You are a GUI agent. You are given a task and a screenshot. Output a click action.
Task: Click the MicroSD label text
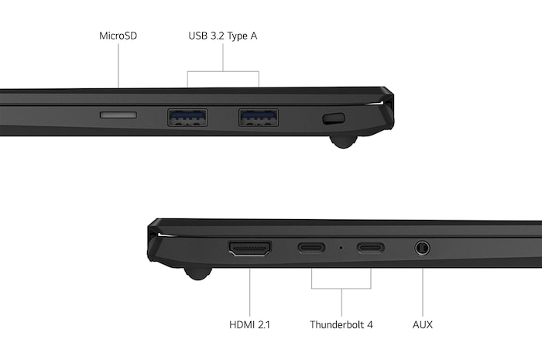(118, 36)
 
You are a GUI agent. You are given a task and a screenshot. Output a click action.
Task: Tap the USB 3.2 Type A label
(223, 36)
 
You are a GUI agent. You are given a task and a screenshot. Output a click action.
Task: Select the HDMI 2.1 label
(250, 324)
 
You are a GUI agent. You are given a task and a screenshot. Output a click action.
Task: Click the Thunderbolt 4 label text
(341, 324)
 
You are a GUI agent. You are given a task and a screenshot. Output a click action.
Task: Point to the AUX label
(423, 324)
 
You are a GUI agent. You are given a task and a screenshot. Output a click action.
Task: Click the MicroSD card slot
(118, 115)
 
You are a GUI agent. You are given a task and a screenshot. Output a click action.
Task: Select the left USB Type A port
(187, 117)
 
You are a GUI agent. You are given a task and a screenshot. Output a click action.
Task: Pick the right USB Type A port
(258, 117)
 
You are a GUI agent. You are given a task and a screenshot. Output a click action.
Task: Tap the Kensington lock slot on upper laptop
(333, 118)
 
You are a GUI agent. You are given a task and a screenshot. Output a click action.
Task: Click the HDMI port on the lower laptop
(249, 249)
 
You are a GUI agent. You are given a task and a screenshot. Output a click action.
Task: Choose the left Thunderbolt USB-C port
(312, 249)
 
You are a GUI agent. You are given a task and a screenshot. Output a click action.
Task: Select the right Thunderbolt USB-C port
(371, 249)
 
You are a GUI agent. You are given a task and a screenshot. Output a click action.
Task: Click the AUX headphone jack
(423, 249)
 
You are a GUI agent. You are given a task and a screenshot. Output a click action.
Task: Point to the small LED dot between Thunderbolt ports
(341, 249)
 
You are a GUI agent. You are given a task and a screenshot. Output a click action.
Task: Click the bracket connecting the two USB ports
(223, 72)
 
